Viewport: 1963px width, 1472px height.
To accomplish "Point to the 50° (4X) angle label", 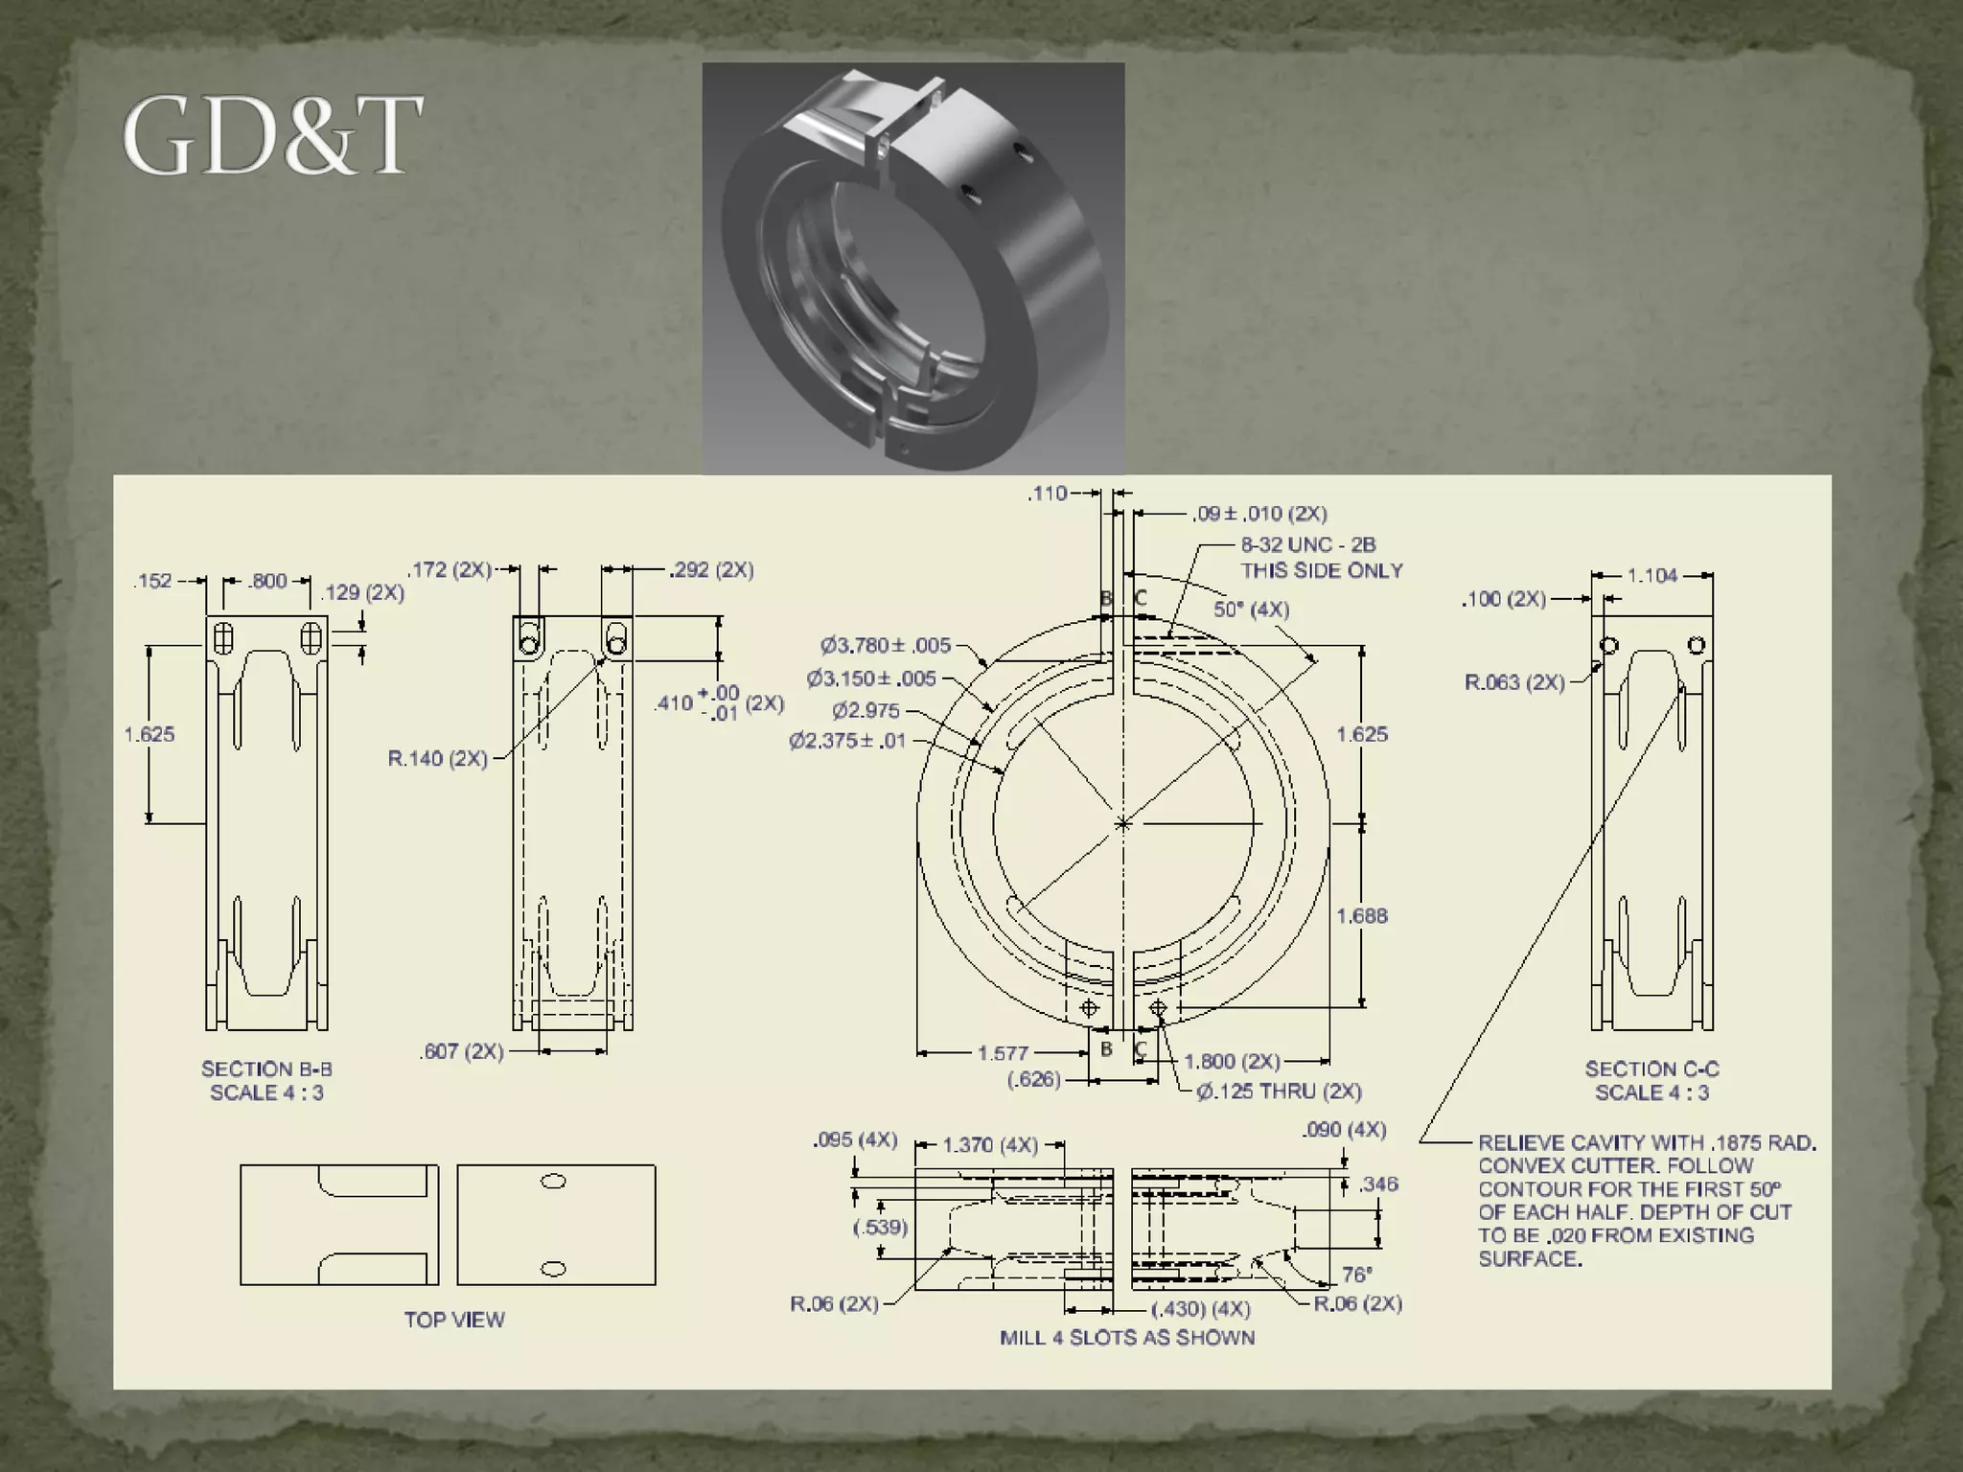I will [x=1251, y=609].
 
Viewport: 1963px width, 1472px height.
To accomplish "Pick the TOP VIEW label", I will [x=453, y=1320].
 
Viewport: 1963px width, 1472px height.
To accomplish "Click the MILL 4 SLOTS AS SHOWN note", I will [x=1126, y=1338].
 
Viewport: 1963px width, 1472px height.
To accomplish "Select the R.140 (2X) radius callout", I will [x=437, y=759].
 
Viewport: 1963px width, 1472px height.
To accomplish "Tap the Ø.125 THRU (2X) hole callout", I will [x=1279, y=1092].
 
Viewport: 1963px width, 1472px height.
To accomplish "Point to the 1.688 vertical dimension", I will [x=1361, y=916].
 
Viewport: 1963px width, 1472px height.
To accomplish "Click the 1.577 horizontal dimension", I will [x=1003, y=1053].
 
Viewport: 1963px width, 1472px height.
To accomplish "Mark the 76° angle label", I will [x=1355, y=1275].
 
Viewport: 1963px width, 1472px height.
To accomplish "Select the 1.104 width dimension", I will [x=1651, y=576].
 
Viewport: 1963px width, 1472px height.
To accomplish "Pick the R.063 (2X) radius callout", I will [x=1513, y=682].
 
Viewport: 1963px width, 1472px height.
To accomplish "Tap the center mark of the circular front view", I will [x=1123, y=823].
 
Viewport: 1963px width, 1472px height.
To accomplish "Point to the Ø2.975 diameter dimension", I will [x=866, y=710].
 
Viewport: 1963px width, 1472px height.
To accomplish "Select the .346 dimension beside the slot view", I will [x=1377, y=1184].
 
